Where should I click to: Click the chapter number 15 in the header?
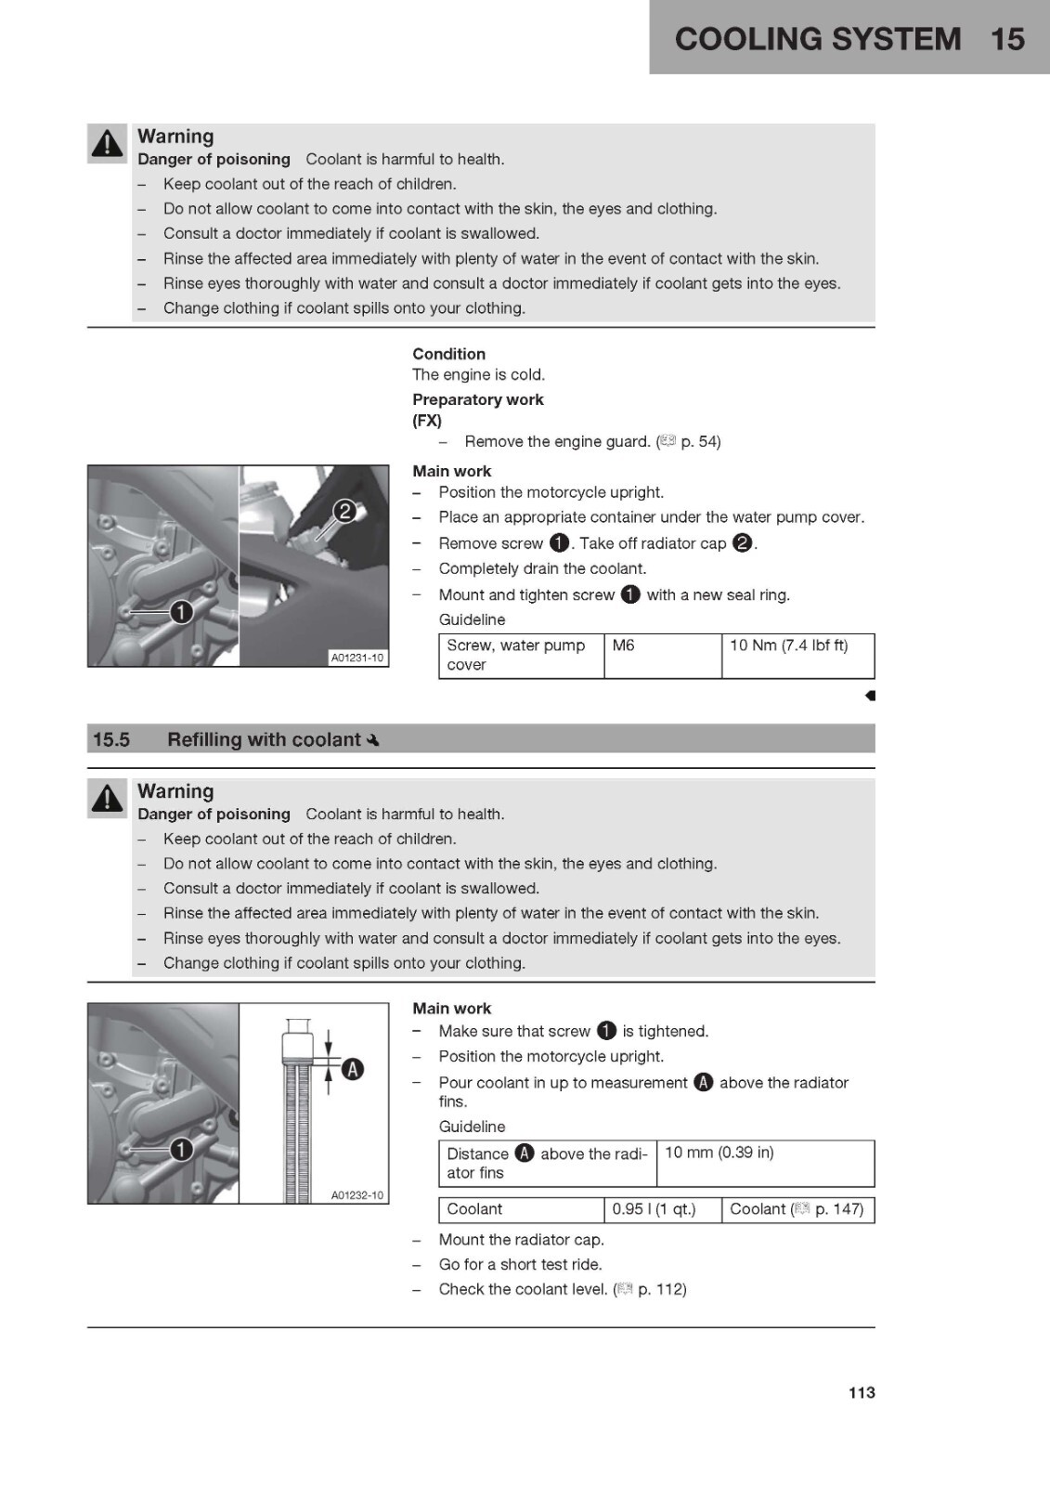[x=1007, y=38]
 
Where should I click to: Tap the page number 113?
[x=862, y=1392]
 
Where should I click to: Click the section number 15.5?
[x=111, y=739]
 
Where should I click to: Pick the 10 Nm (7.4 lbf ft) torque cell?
[x=798, y=656]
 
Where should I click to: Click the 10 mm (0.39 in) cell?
[x=765, y=1163]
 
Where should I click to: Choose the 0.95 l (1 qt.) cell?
[x=663, y=1209]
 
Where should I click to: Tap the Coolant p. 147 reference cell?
[x=798, y=1209]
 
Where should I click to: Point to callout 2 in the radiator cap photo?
[x=344, y=512]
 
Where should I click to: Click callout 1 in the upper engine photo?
[x=181, y=612]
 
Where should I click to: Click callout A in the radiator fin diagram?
[x=352, y=1069]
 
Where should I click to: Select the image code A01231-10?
[x=356, y=658]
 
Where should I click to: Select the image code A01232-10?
[x=356, y=1194]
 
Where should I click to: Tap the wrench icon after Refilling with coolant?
[x=373, y=739]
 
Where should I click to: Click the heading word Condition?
[x=449, y=354]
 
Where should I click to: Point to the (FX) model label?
[x=427, y=421]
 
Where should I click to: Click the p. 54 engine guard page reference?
[x=700, y=441]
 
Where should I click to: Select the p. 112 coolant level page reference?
[x=661, y=1289]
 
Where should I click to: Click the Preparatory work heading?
[x=477, y=399]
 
